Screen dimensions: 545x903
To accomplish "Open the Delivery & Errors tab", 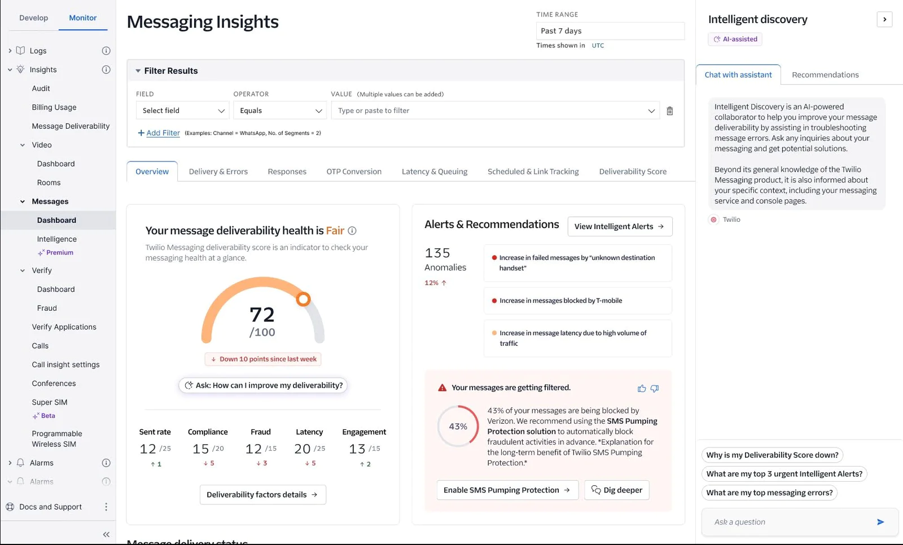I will point(218,172).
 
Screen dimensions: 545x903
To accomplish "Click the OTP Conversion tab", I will point(354,172).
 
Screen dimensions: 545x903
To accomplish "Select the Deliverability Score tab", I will point(633,172).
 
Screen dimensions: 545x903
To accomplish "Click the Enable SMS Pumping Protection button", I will point(507,490).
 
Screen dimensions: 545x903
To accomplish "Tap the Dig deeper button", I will point(617,490).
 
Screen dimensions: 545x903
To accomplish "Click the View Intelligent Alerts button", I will point(619,226).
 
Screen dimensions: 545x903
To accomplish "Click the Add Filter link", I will point(163,133).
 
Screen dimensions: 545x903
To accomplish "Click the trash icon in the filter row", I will point(669,111).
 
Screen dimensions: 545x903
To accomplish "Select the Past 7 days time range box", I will point(610,31).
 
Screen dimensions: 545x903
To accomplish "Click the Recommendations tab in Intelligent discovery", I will point(825,74).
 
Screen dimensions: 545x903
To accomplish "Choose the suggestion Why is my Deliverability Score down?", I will point(772,455).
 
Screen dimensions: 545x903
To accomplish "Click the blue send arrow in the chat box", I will point(880,522).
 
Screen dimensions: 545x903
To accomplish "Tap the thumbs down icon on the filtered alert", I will point(655,388).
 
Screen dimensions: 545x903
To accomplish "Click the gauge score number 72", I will point(262,314).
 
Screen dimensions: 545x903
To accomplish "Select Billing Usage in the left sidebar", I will point(54,107).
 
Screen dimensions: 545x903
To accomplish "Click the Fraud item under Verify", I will point(47,308).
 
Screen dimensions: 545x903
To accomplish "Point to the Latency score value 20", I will point(303,449).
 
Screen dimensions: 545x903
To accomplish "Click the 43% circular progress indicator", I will point(458,427).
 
